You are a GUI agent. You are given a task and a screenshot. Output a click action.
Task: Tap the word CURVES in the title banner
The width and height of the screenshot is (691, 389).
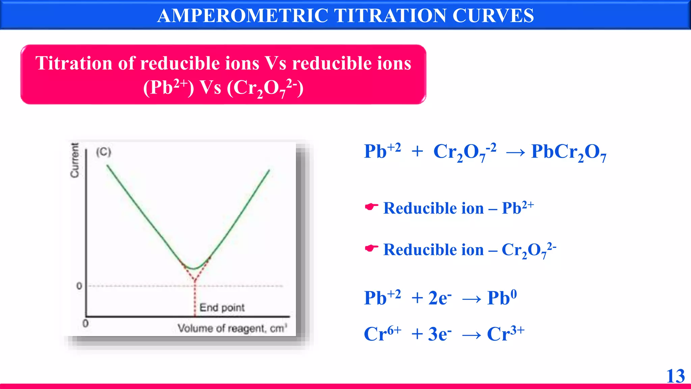[x=493, y=16]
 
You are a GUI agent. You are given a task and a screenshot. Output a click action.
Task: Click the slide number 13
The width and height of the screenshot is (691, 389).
[x=675, y=376]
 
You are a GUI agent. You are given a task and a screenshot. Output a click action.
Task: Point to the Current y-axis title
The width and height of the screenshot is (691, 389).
[x=75, y=160]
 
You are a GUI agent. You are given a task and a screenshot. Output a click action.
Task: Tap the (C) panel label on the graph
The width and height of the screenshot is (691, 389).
[x=104, y=152]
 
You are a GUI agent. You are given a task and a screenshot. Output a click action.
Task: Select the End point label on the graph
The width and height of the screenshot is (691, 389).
[x=222, y=308]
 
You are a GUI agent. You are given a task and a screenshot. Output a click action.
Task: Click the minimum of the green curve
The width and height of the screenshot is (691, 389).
[x=194, y=269]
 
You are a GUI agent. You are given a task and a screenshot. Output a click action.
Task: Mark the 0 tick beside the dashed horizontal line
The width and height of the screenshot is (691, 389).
[x=79, y=286]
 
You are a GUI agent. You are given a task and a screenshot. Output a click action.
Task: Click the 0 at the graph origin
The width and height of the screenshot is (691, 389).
[x=86, y=323]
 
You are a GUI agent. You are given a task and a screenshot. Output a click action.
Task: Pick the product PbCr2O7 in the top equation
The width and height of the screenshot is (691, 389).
[x=569, y=152]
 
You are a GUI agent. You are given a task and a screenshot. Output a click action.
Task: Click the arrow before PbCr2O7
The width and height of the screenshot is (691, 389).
[x=515, y=153]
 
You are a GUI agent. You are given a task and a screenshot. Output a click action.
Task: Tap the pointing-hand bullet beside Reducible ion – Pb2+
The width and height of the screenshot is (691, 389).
[x=371, y=207]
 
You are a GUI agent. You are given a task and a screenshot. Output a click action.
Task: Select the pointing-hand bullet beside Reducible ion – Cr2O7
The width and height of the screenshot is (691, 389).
[x=371, y=249]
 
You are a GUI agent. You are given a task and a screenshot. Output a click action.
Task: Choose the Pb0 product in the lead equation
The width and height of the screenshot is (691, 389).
[x=502, y=297]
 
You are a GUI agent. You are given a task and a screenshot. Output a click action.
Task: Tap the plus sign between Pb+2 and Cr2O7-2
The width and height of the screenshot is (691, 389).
[x=417, y=151]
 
